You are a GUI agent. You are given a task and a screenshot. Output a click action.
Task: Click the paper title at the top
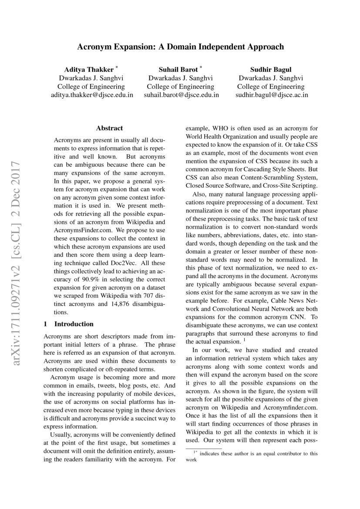pos(180,47)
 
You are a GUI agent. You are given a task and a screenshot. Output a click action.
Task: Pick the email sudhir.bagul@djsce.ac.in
pos(272,94)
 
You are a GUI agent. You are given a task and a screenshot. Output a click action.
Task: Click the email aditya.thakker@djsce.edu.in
pos(92,94)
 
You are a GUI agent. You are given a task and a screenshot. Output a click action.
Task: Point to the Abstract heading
pos(109,128)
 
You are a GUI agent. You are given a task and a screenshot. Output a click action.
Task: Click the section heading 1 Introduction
pos(69,324)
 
